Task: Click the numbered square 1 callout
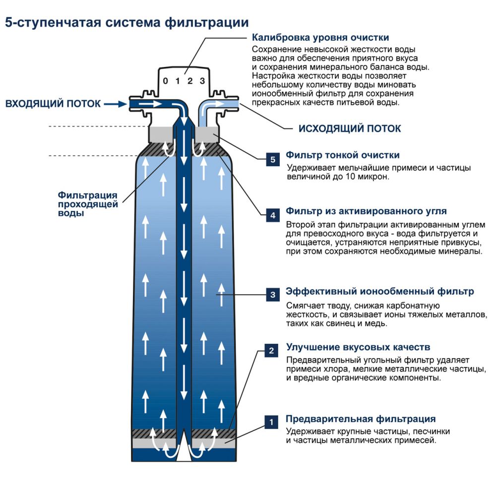271,422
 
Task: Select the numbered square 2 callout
271,351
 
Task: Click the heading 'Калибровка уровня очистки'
320,38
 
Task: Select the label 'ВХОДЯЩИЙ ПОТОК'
53,104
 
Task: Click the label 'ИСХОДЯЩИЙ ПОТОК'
349,128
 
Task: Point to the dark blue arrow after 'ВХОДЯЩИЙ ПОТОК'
115,104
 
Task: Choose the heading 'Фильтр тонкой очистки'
342,155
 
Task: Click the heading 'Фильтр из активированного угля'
366,211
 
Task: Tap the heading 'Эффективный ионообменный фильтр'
379,291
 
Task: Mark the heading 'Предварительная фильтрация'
361,419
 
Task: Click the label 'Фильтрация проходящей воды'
88,204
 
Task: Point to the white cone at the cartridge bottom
184,447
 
